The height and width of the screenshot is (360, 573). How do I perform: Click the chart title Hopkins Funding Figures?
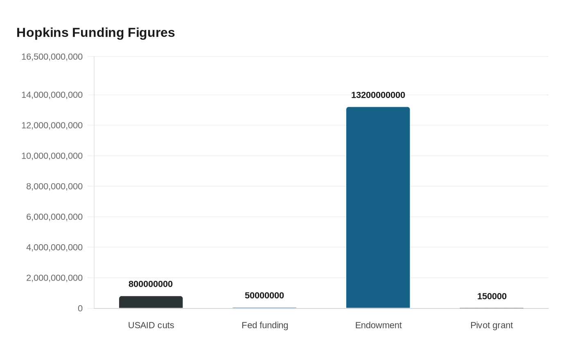click(96, 33)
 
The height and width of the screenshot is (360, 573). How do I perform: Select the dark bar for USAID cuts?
click(151, 302)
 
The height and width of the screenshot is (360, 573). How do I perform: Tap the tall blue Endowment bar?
click(378, 207)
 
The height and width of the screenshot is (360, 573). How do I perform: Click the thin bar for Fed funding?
click(264, 308)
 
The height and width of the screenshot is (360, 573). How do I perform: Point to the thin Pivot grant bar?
click(492, 308)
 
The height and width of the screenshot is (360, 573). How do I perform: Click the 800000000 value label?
click(151, 284)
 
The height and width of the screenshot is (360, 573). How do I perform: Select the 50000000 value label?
click(264, 295)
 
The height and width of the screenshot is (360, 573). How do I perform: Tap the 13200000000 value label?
click(378, 95)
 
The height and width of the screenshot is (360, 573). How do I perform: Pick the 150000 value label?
click(492, 296)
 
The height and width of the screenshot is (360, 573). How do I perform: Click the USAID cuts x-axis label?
click(151, 325)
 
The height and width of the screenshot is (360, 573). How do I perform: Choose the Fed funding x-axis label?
click(265, 325)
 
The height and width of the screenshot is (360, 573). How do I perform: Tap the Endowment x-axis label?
click(378, 325)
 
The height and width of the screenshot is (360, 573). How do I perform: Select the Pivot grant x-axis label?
click(492, 325)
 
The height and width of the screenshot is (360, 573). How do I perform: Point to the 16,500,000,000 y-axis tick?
click(52, 57)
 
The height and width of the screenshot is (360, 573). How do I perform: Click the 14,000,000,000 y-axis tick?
click(52, 95)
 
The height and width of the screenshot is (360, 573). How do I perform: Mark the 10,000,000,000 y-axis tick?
click(52, 156)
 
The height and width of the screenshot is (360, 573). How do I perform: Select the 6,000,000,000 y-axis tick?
click(54, 217)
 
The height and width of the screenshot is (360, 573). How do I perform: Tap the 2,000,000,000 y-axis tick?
click(54, 278)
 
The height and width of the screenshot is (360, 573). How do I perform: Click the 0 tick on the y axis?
click(80, 308)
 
